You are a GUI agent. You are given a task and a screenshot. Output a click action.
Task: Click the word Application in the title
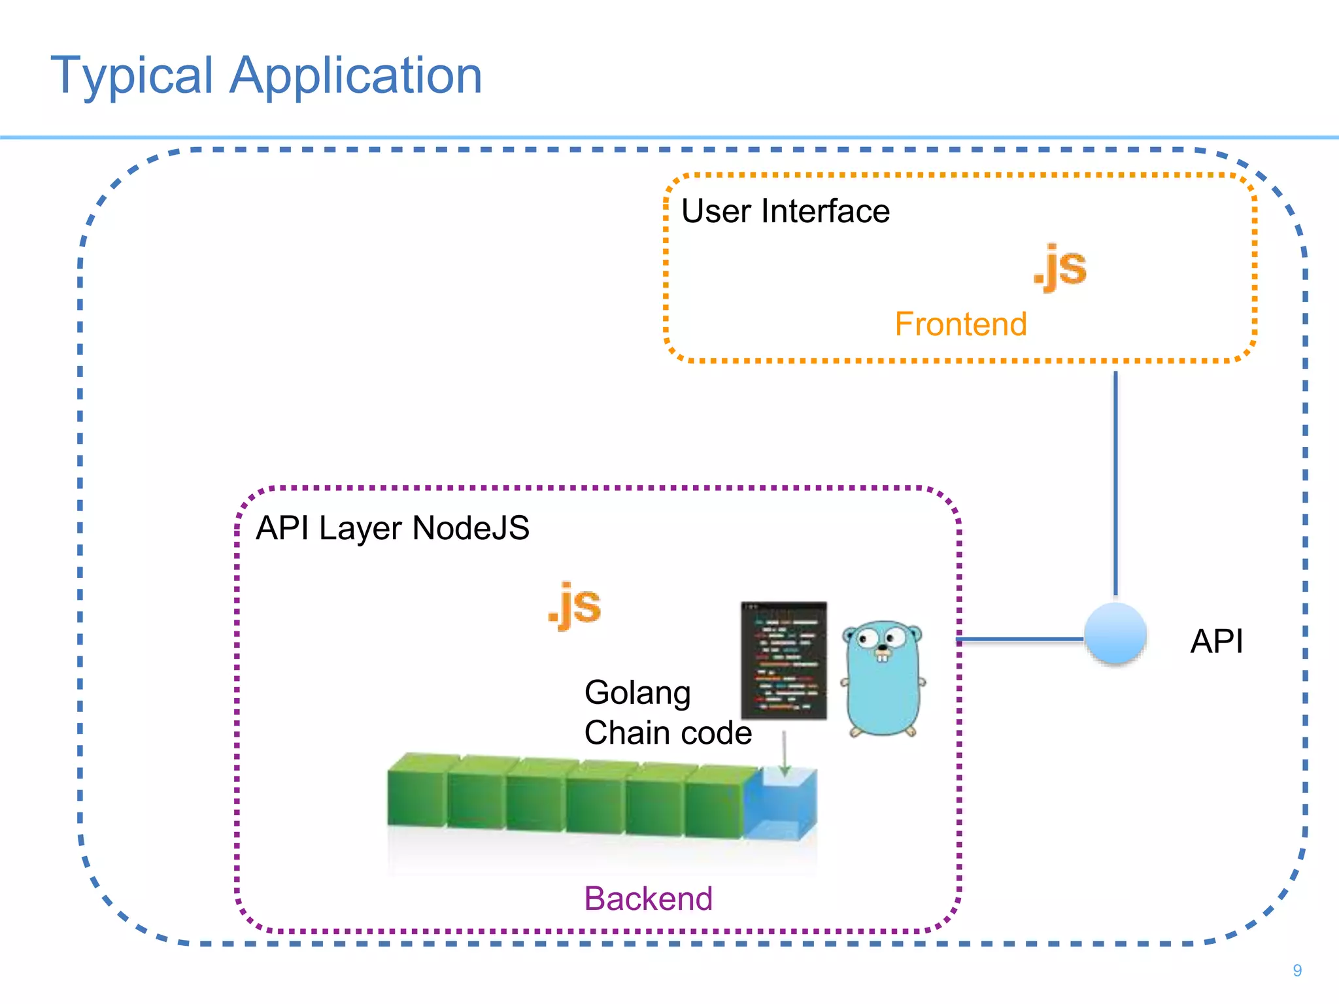click(x=356, y=76)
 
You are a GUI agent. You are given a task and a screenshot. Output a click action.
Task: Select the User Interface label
click(x=785, y=211)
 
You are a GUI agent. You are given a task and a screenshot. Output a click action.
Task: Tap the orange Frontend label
click(x=960, y=324)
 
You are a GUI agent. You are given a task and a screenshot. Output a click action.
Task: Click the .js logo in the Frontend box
click(x=1060, y=267)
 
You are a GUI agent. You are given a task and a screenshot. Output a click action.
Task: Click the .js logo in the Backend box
click(x=575, y=606)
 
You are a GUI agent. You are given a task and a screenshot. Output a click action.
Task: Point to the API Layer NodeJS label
click(x=392, y=527)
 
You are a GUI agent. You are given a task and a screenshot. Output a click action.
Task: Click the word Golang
click(x=637, y=693)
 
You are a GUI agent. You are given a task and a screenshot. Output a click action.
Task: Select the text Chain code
click(x=668, y=733)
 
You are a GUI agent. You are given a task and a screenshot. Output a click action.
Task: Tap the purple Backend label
click(x=648, y=899)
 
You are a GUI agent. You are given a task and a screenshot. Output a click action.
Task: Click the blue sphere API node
click(x=1115, y=633)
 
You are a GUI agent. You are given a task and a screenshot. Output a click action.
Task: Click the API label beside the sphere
click(x=1216, y=641)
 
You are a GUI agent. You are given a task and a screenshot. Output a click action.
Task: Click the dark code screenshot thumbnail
click(x=783, y=660)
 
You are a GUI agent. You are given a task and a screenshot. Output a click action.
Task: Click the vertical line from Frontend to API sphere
click(x=1115, y=484)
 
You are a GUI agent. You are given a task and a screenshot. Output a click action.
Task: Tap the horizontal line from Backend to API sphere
click(x=1020, y=639)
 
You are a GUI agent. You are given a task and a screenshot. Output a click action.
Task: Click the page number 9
click(x=1297, y=971)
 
